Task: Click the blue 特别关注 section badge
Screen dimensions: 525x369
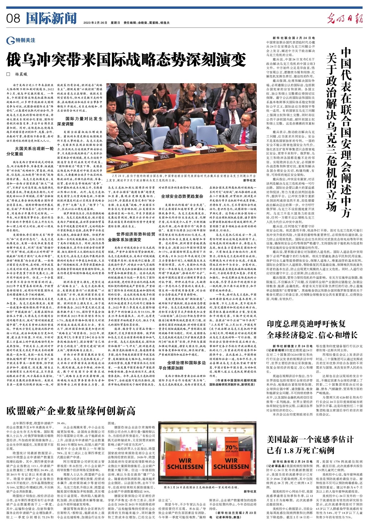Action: pyautogui.click(x=21, y=40)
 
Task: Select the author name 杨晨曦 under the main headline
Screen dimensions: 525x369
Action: pyautogui.click(x=23, y=74)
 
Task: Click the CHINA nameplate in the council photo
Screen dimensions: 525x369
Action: pyautogui.click(x=212, y=151)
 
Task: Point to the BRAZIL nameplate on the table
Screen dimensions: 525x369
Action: pyautogui.click(x=165, y=157)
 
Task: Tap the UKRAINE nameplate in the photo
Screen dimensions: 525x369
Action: pyautogui.click(x=126, y=165)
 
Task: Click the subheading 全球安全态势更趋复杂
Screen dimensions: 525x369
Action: pyautogui.click(x=182, y=196)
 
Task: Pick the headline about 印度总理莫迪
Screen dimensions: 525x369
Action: pyautogui.click(x=312, y=330)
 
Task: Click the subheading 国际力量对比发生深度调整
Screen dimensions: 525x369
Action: pyautogui.click(x=84, y=121)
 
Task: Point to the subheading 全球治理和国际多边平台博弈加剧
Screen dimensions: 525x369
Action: pyautogui.click(x=182, y=364)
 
